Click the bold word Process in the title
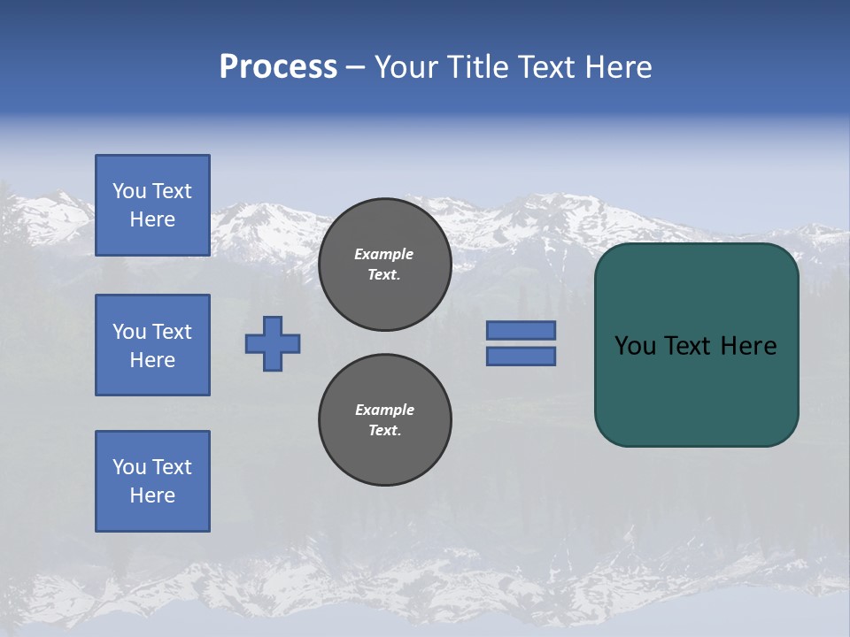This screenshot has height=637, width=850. click(278, 67)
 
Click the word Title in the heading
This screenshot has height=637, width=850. click(477, 67)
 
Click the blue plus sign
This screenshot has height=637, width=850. click(273, 343)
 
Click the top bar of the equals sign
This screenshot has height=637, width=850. click(521, 330)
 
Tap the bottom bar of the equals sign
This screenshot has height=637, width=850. click(521, 357)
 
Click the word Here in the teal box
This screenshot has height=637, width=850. click(748, 346)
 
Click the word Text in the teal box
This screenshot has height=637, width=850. click(690, 346)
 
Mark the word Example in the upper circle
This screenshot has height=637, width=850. click(384, 254)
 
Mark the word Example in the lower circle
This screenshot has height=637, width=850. click(384, 410)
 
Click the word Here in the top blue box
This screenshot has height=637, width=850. click(152, 219)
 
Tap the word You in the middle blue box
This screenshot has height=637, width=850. click(127, 332)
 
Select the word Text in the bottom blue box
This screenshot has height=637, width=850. click(172, 467)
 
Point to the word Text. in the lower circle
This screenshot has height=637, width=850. click(384, 431)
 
